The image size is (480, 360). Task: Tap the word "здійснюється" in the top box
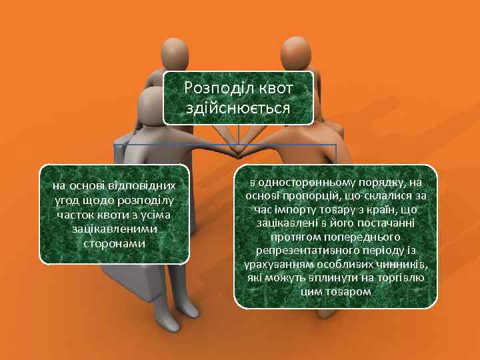coord(238,108)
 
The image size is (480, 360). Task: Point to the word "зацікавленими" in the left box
coord(114,229)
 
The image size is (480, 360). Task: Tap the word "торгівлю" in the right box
coord(405,279)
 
